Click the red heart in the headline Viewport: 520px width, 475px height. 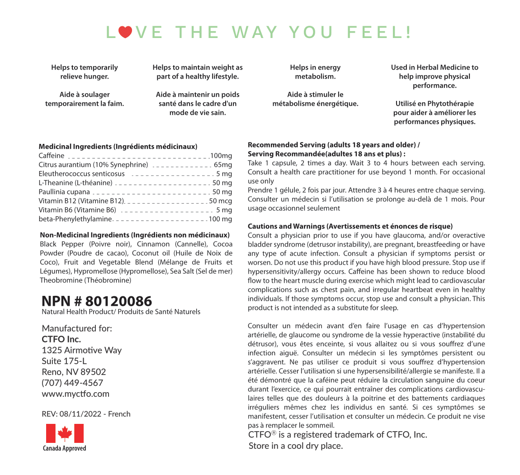(x=126, y=32)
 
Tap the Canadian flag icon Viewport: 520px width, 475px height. (x=65, y=433)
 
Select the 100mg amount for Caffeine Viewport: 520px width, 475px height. (x=221, y=156)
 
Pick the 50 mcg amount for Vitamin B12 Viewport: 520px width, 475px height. (x=221, y=201)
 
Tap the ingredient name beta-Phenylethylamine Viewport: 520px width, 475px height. (x=75, y=219)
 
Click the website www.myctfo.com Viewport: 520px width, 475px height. (x=76, y=394)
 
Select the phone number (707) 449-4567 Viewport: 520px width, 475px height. (x=72, y=383)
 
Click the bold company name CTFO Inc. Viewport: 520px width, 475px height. (x=61, y=339)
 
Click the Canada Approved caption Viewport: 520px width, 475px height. (x=64, y=448)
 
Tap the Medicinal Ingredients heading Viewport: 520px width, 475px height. (x=118, y=147)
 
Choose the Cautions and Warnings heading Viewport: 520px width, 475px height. (x=350, y=226)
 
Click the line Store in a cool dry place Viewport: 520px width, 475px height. (x=296, y=446)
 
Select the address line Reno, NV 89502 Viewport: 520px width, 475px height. (x=74, y=372)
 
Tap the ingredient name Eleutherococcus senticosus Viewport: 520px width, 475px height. (x=82, y=174)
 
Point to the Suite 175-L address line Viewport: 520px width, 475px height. (x=64, y=361)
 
